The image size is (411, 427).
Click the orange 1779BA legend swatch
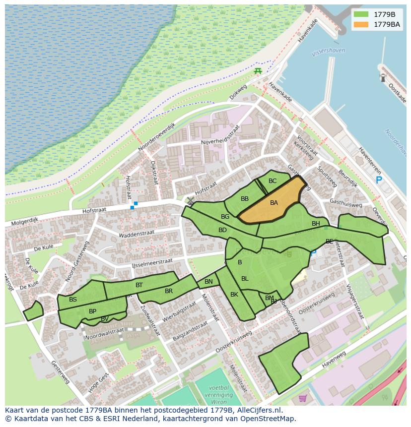click(x=361, y=24)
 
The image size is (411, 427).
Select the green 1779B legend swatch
click(x=361, y=14)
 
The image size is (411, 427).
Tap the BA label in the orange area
click(x=274, y=203)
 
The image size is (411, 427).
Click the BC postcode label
click(x=273, y=181)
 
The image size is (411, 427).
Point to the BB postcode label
click(x=245, y=199)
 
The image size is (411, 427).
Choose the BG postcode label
click(x=225, y=217)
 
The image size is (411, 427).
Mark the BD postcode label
click(x=222, y=230)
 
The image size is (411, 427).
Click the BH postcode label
click(x=316, y=224)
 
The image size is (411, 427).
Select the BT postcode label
click(x=139, y=285)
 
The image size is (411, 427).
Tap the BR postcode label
click(x=169, y=291)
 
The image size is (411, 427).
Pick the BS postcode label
click(x=73, y=300)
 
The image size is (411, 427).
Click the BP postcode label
click(x=92, y=311)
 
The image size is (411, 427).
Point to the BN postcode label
click(x=208, y=282)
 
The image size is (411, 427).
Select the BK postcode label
click(x=234, y=295)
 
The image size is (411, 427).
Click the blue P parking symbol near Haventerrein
click(x=379, y=181)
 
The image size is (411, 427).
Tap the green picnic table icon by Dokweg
click(x=258, y=71)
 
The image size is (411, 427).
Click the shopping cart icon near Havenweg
click(x=303, y=398)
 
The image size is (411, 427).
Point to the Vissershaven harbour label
click(x=328, y=51)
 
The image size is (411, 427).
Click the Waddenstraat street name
click(x=137, y=233)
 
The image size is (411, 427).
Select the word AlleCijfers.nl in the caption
click(x=258, y=410)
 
